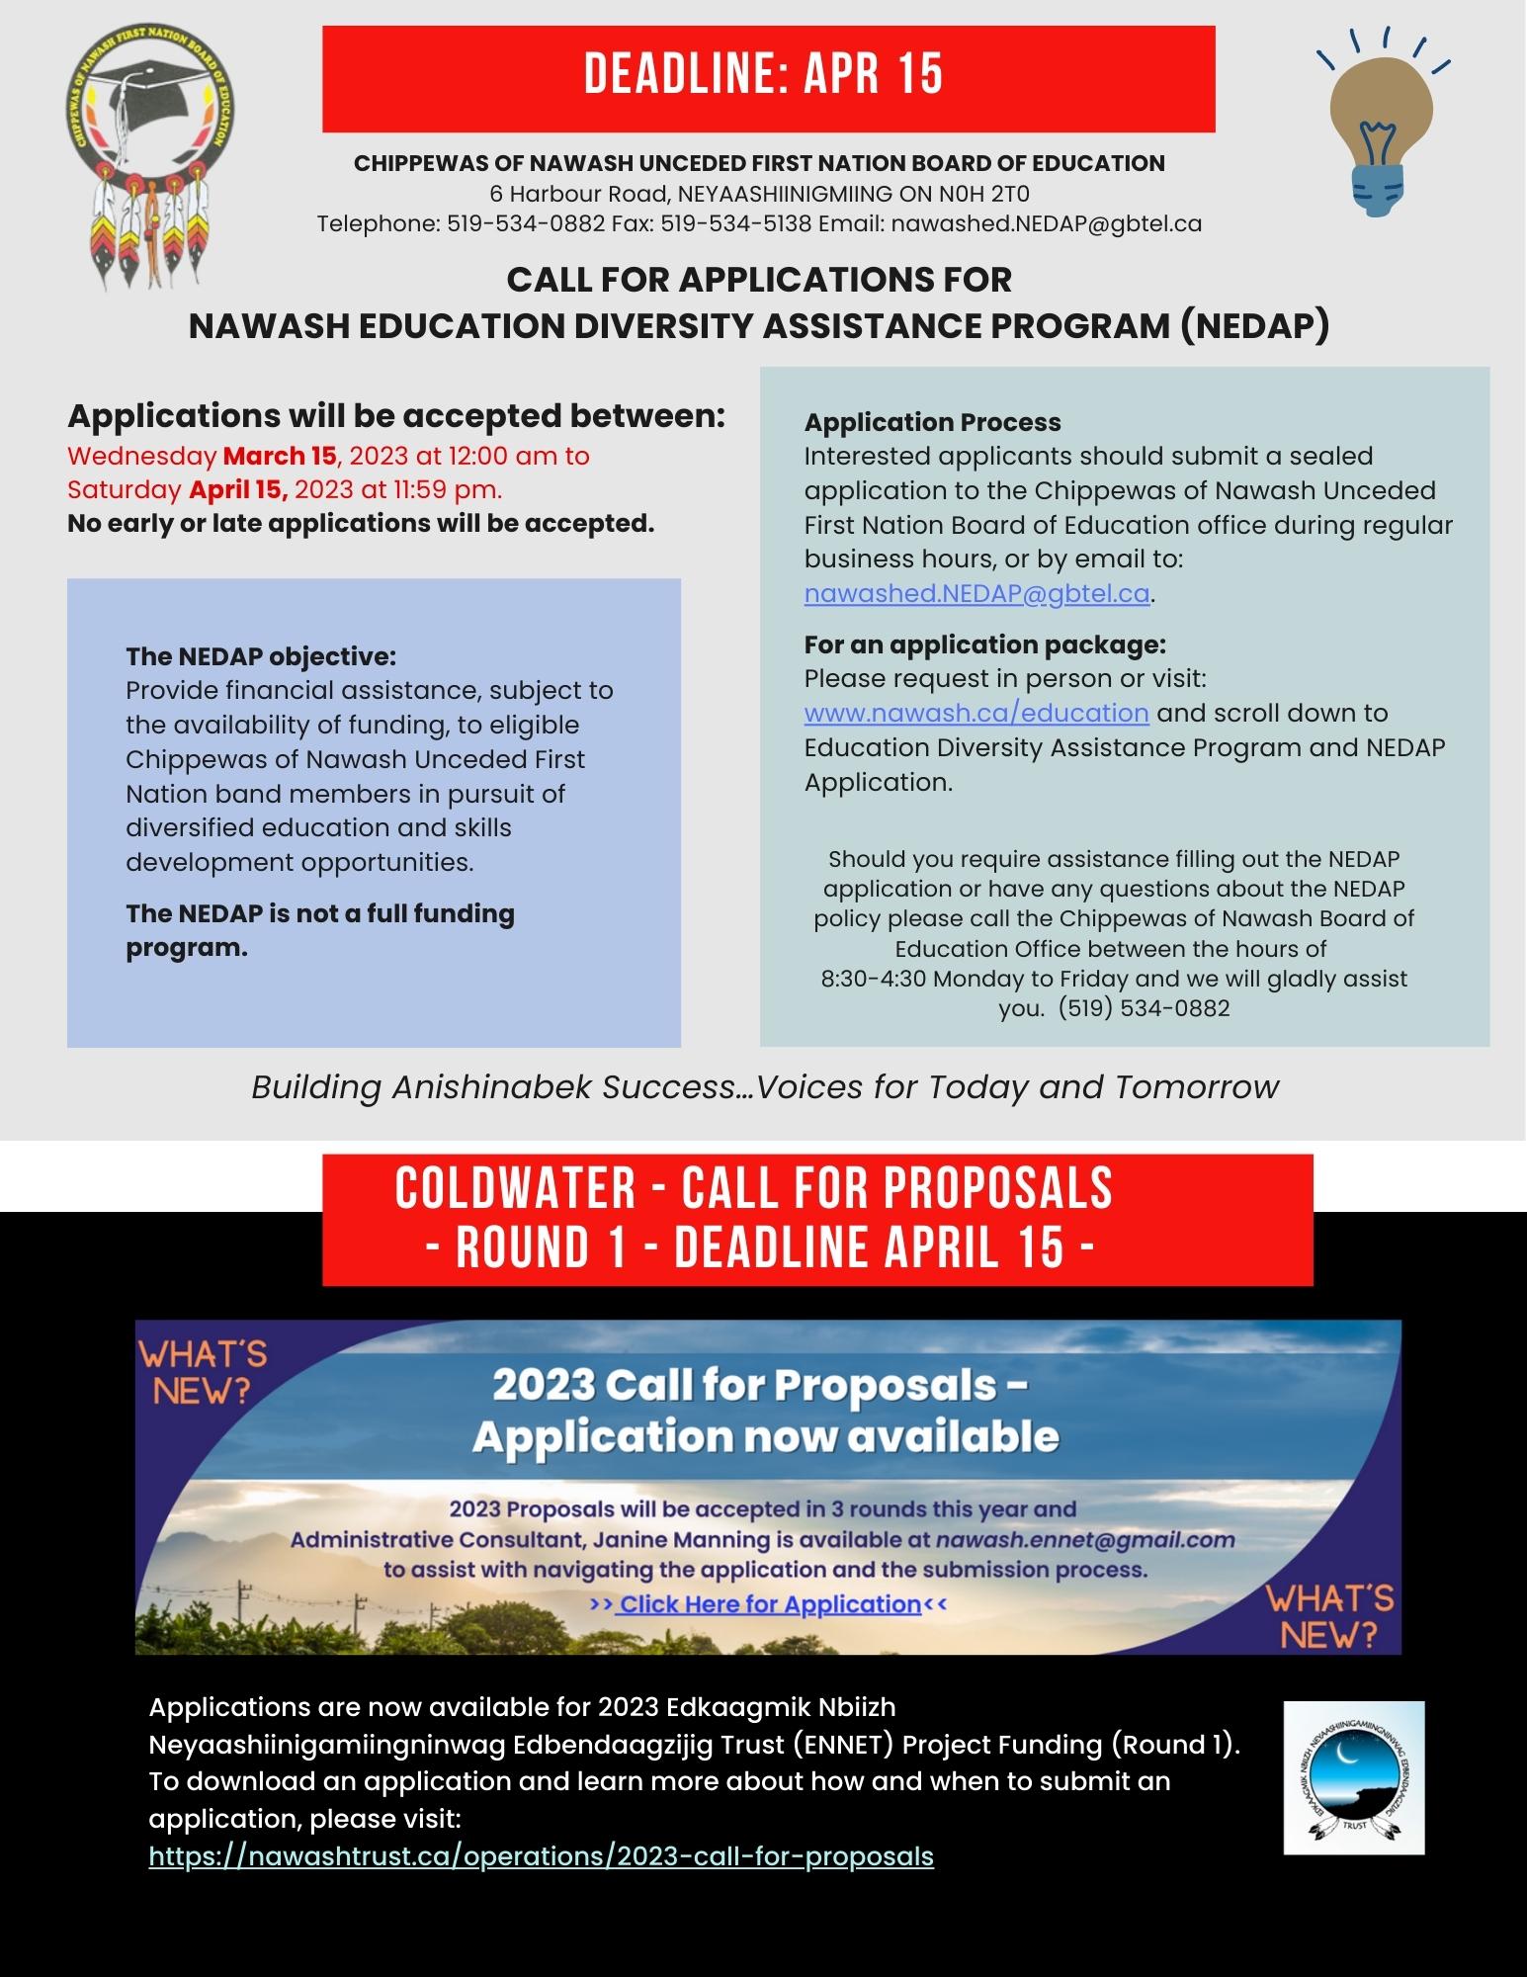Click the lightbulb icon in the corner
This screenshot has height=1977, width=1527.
coord(1382,129)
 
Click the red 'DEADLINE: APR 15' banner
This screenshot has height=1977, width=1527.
coord(768,78)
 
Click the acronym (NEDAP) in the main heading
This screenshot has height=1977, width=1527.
coord(1254,325)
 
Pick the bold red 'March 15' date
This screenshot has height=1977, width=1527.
coord(280,456)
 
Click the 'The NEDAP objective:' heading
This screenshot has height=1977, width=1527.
coord(260,656)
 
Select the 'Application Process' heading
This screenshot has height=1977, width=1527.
coord(932,422)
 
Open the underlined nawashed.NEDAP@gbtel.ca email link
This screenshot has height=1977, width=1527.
coord(976,593)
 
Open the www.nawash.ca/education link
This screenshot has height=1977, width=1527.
coord(976,713)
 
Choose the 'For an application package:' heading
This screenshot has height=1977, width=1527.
coord(984,645)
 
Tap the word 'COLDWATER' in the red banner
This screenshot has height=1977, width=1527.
coord(515,1188)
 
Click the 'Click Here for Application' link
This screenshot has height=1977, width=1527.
coord(769,1604)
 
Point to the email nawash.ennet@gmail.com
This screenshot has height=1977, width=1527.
coord(1084,1539)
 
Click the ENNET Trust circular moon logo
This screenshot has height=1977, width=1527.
coord(1353,1777)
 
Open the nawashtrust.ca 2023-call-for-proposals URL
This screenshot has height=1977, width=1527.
coord(541,1856)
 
